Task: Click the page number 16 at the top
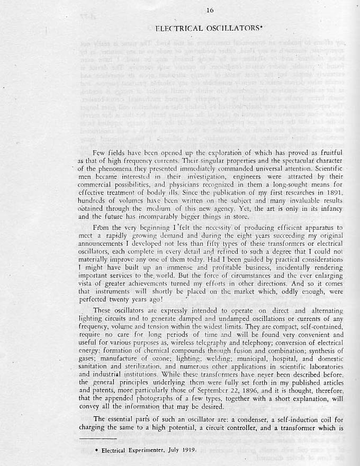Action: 180,10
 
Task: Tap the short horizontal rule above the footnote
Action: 97,440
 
